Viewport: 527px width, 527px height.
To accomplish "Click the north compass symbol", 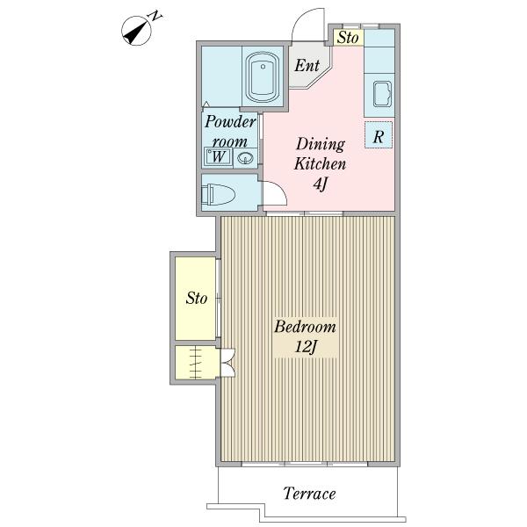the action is point(136,31).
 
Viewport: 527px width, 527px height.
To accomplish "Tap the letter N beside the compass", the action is point(155,16).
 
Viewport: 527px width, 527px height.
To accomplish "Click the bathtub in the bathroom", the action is point(263,77).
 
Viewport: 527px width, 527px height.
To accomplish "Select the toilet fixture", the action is point(218,194).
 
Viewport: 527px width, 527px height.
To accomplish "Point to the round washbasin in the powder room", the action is point(246,158).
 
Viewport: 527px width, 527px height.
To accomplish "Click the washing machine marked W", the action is point(218,156).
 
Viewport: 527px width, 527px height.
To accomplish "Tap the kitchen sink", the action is point(382,94).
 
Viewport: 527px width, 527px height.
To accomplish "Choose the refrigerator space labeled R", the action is point(379,134).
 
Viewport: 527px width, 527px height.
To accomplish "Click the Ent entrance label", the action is point(307,66).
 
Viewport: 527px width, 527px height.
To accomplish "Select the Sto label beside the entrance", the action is point(348,38).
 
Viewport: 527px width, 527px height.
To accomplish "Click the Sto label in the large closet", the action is point(197,298).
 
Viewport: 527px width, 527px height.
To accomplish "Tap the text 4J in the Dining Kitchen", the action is point(321,184).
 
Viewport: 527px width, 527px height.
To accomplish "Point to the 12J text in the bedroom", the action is point(306,347).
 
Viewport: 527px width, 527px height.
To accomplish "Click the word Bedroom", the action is point(305,327).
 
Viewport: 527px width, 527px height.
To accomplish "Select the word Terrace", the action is point(309,494).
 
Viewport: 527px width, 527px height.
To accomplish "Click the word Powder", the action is point(230,122).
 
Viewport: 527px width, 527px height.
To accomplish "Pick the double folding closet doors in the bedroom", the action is point(228,362).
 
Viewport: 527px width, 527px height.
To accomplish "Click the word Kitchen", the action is point(320,164).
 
